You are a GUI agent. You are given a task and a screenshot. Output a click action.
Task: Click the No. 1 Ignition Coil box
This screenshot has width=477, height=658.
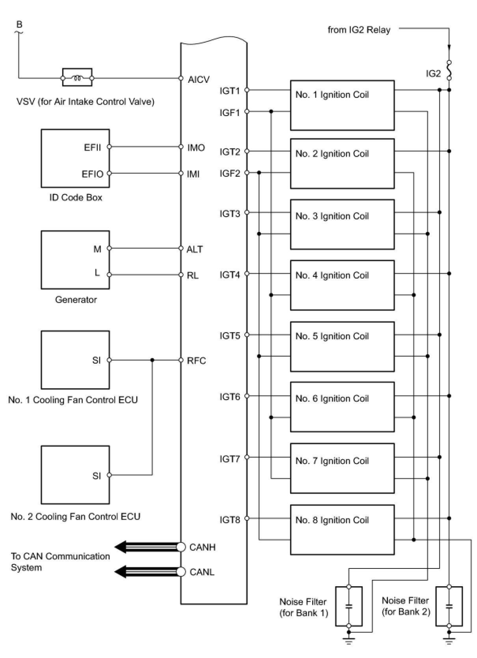[342, 105]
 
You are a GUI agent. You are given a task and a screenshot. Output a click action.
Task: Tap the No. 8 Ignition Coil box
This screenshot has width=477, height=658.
[342, 529]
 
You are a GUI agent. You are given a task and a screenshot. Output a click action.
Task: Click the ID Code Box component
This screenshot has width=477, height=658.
[75, 158]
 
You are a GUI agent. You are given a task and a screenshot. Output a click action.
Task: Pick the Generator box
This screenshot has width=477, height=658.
[75, 260]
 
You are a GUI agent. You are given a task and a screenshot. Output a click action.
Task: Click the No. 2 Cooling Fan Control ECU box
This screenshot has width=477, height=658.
[75, 475]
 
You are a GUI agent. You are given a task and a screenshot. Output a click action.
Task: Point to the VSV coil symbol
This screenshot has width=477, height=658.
[77, 78]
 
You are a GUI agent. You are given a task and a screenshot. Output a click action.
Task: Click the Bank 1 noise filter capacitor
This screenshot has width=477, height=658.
[348, 606]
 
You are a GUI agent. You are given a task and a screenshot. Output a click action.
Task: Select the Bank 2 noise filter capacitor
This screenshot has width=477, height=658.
[449, 606]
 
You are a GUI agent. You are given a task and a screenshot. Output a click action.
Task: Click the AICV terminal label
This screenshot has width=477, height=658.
[199, 80]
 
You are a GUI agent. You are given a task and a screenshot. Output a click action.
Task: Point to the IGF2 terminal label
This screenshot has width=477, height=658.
[230, 174]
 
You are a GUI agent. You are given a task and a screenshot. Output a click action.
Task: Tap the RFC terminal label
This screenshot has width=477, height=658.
[196, 361]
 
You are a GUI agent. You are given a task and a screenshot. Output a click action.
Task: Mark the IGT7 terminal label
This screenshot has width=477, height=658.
[230, 459]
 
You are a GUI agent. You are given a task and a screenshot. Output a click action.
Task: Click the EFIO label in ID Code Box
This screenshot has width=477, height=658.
[92, 174]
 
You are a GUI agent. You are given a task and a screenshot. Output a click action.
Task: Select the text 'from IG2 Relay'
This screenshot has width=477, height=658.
[359, 30]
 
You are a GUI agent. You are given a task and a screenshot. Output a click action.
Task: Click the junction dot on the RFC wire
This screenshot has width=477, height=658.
[153, 360]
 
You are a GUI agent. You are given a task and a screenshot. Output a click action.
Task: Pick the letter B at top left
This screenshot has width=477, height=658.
[19, 25]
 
